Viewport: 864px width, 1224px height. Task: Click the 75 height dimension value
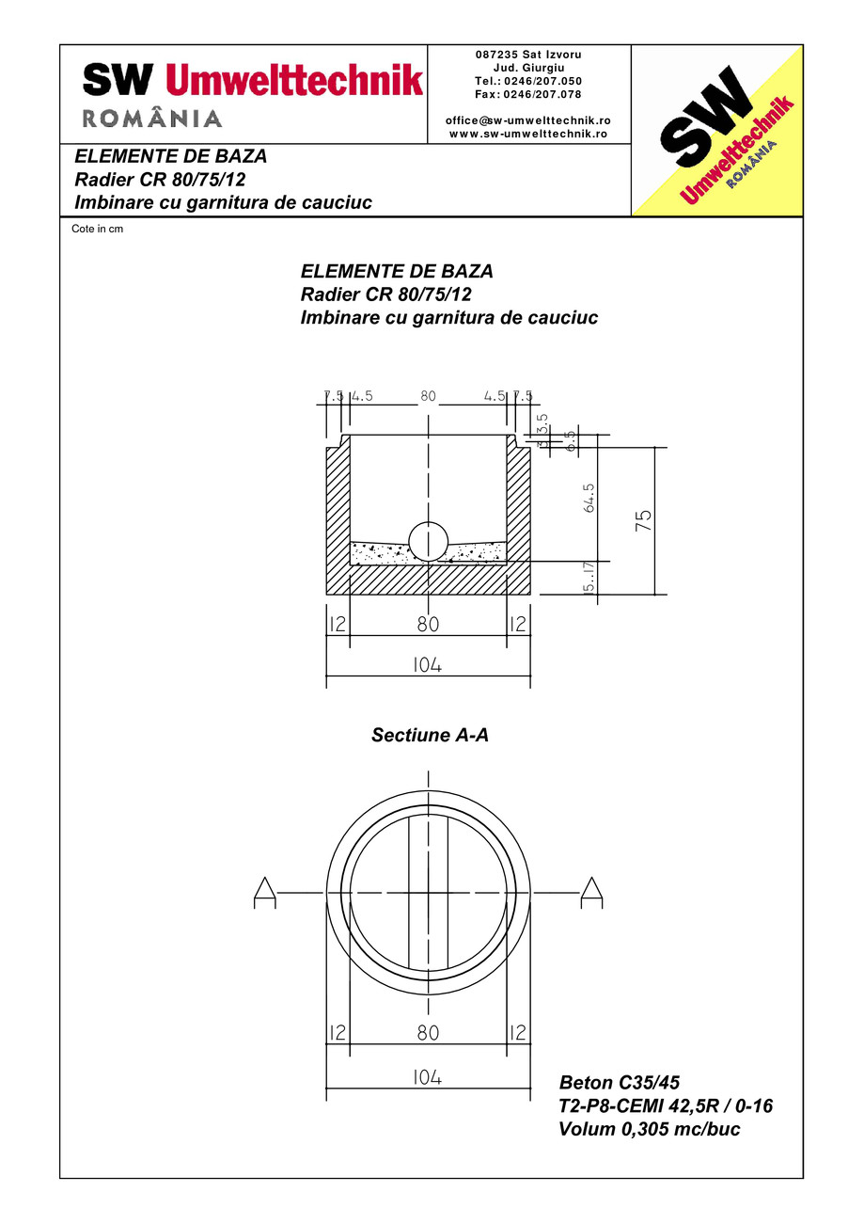pos(644,521)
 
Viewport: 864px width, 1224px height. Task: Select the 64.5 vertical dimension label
pos(589,498)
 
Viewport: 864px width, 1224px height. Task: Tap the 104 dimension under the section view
pos(427,664)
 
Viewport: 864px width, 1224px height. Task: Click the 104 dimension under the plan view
pos(427,1077)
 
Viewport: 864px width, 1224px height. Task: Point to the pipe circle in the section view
pos(429,541)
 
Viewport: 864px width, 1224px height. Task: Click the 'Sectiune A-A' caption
pos(430,736)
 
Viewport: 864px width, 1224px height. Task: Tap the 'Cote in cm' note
pos(98,229)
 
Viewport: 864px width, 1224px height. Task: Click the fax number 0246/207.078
pos(528,94)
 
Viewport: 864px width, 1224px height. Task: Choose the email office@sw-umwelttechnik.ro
pos(528,120)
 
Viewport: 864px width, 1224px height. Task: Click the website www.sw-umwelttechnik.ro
pos(528,134)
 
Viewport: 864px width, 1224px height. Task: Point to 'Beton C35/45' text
pos(619,1082)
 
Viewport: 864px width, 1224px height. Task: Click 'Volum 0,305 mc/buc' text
pos(649,1129)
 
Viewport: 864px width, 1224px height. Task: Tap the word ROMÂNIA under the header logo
pos(152,119)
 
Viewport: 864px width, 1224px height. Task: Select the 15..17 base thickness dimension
pos(589,578)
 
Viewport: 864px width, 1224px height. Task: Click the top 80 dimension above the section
pos(429,396)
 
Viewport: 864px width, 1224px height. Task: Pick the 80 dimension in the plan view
pos(428,1032)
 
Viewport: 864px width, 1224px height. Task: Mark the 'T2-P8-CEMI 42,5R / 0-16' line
pos(666,1105)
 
